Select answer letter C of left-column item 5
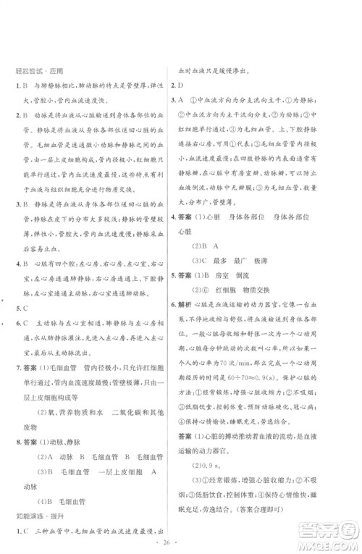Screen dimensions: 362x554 [x=27, y=306]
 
